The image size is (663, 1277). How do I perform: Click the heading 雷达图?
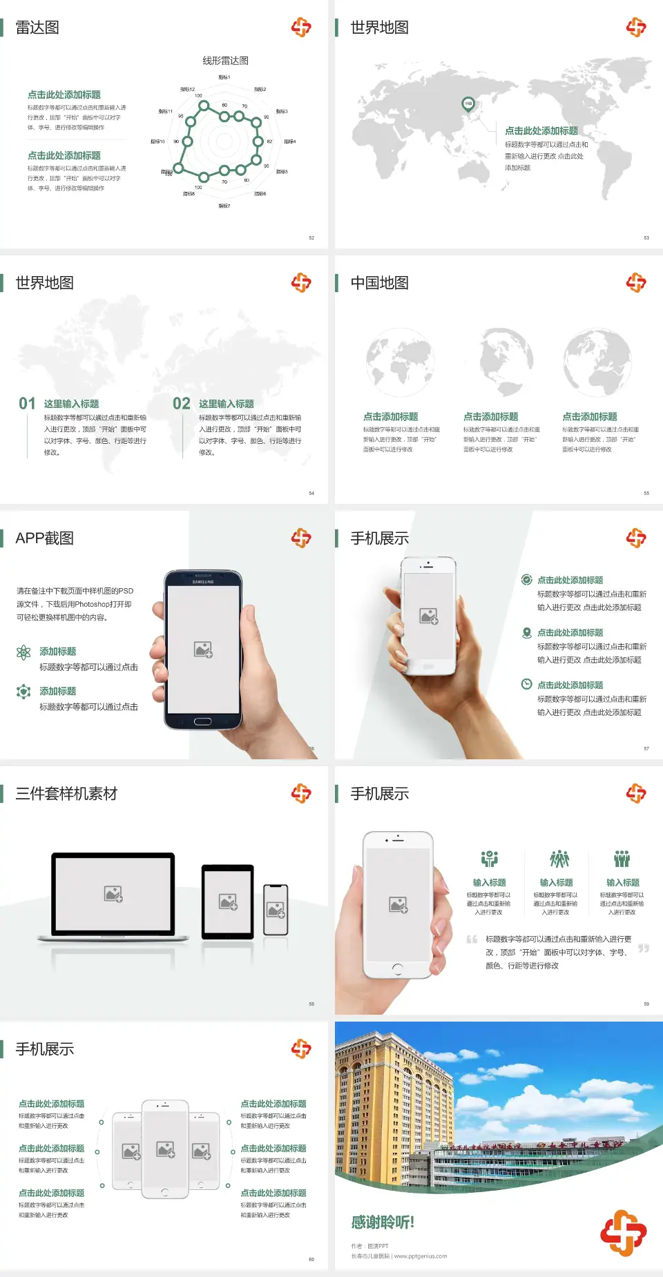[37, 28]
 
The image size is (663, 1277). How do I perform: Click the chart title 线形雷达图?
[225, 61]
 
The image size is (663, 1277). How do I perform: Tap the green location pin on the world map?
[468, 104]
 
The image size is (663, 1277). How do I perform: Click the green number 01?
[27, 404]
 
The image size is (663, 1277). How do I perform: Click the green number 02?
[182, 404]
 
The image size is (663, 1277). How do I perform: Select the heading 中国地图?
[379, 283]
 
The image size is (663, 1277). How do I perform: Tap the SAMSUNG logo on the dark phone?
[203, 582]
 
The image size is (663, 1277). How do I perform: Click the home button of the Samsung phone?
[202, 721]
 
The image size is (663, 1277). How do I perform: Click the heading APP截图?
[44, 538]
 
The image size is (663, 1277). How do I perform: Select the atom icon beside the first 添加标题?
[23, 652]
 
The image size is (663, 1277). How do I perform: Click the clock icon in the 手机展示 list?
[526, 684]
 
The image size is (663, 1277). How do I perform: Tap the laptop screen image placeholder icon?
[113, 894]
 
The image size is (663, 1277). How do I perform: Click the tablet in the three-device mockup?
[228, 901]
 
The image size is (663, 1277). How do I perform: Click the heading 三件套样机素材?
[66, 794]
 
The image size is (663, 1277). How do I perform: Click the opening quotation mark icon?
[472, 939]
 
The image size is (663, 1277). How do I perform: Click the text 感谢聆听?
[383, 1222]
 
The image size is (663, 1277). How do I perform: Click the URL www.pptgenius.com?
[421, 1256]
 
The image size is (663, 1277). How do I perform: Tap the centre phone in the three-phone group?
[165, 1149]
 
